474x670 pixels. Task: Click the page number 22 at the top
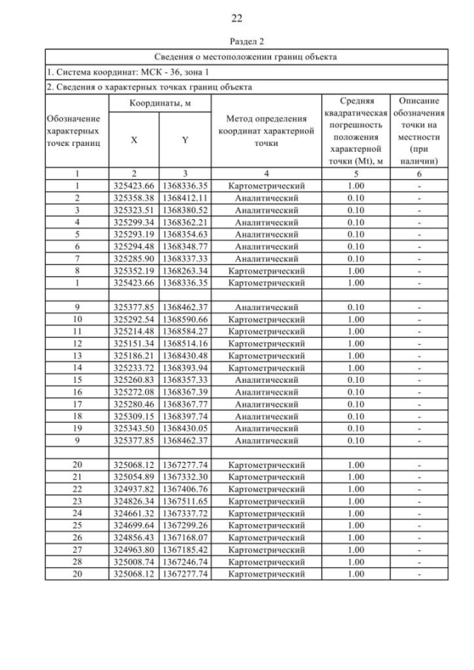tap(237, 18)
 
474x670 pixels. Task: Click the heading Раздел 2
tap(237, 43)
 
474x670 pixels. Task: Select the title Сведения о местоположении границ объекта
tap(246, 57)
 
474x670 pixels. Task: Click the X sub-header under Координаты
tap(133, 138)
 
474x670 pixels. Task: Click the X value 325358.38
tap(133, 198)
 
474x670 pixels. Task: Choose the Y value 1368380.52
tap(185, 210)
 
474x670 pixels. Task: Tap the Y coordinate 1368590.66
tap(185, 319)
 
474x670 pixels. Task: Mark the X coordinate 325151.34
tap(133, 344)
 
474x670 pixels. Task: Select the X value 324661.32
tap(133, 513)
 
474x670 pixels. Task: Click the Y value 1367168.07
tap(185, 537)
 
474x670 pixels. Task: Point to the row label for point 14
tap(77, 367)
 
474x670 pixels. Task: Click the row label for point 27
tap(77, 549)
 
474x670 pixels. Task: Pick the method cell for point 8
tap(266, 271)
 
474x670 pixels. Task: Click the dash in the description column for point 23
tap(419, 501)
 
